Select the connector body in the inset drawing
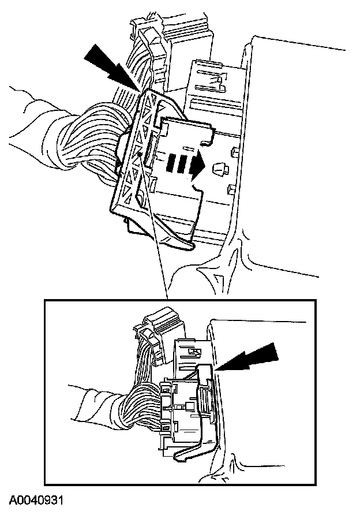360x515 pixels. click(x=182, y=413)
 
